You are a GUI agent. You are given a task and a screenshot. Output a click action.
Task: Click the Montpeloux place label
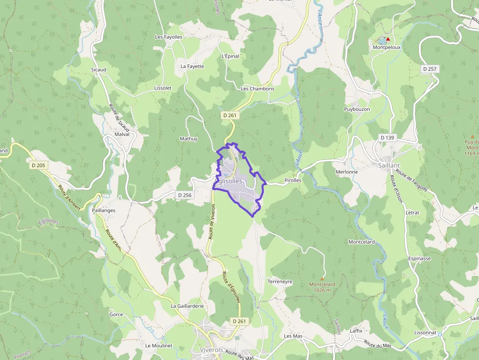pos(387,47)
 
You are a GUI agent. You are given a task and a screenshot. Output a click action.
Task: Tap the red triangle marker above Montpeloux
pos(388,39)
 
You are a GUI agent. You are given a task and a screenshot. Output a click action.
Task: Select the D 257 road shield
pos(429,69)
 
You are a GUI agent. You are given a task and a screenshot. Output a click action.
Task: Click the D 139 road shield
pos(387,138)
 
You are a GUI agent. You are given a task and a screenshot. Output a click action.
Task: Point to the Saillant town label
pos(389,166)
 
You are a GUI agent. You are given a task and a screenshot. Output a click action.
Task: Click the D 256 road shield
pos(185,195)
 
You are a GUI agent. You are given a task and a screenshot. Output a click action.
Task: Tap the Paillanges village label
pos(104,210)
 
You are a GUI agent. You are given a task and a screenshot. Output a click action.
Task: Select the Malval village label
pos(122,134)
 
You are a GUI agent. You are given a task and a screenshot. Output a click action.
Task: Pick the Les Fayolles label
pos(169,37)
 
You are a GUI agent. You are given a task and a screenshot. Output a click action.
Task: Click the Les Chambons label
pos(258,88)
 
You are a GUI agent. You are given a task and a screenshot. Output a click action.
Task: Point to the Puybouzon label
pos(357,109)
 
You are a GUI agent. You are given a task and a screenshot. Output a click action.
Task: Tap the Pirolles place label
pos(292,180)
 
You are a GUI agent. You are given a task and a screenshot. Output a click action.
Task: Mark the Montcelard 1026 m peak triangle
pos(322,278)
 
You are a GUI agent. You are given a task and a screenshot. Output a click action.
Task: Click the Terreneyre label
pos(280,282)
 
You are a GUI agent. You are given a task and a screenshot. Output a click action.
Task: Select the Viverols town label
pos(212,350)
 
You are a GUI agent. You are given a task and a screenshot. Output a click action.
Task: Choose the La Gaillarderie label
pos(187,306)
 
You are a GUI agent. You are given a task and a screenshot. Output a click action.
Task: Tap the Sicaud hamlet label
pos(98,70)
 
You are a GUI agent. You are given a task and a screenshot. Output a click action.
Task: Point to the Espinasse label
pos(419,258)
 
